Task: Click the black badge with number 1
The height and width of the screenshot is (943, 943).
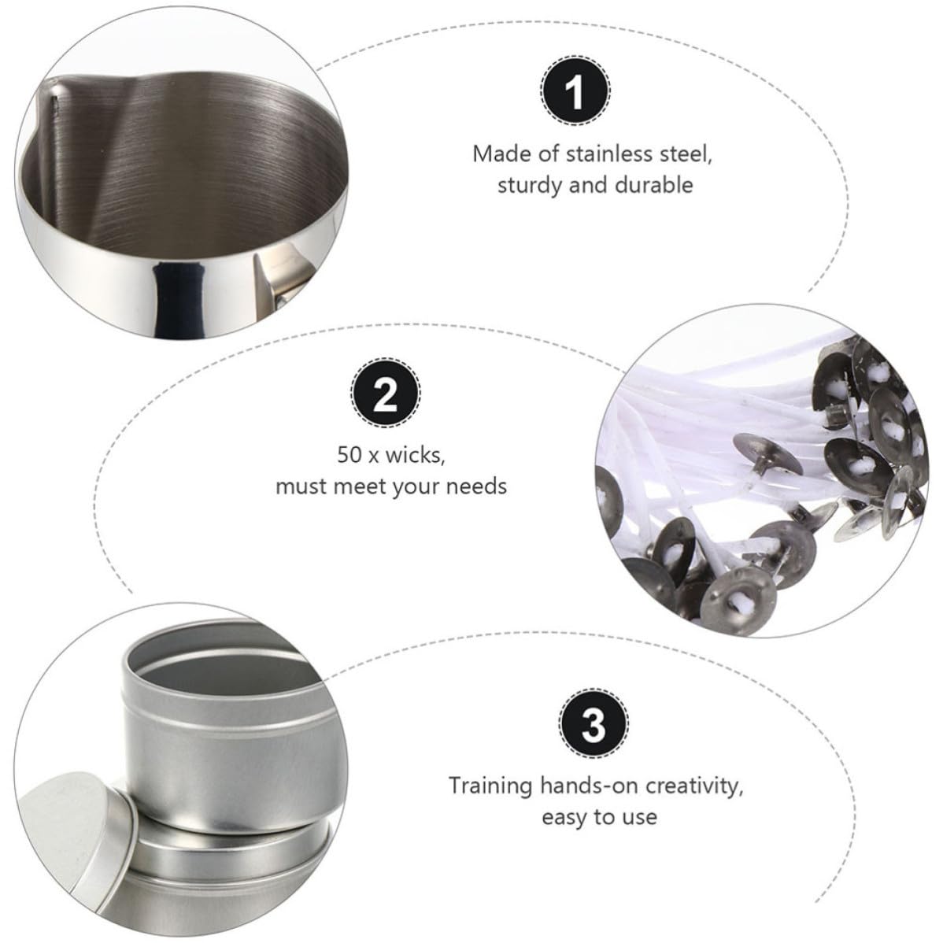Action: point(575,91)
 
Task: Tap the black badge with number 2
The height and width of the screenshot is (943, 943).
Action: point(386,393)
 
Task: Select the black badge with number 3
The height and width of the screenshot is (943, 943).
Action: point(594,723)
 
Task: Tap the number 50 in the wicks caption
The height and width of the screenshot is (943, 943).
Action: point(348,455)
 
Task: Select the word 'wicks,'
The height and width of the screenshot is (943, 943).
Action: point(416,456)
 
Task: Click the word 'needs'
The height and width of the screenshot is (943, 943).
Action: point(478,486)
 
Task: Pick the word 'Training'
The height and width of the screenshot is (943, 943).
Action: point(490,786)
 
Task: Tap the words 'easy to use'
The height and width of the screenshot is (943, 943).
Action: point(599,817)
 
